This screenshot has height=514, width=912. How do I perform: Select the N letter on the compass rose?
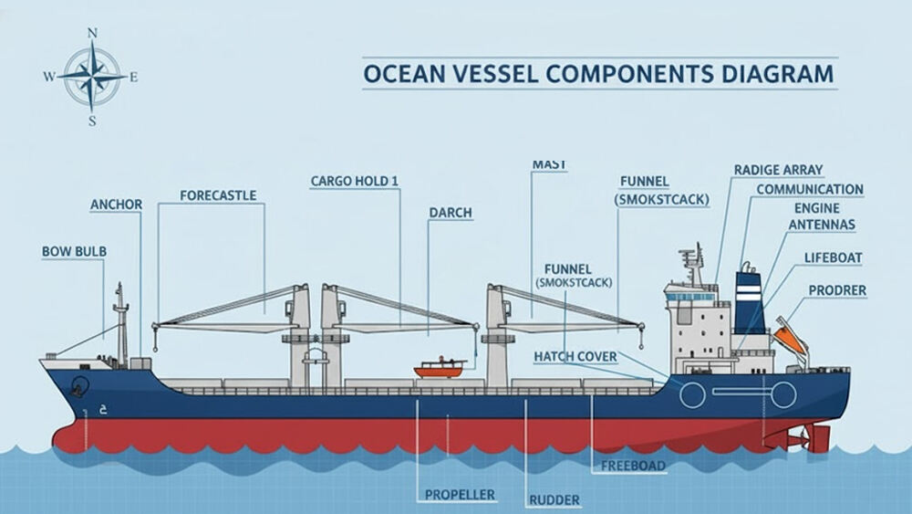coord(92,34)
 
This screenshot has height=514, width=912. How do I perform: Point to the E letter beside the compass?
coord(134,78)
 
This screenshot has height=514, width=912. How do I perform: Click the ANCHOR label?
coord(116,205)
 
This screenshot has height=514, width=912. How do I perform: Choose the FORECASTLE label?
coord(218,195)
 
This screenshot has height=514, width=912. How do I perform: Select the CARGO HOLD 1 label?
coord(355,182)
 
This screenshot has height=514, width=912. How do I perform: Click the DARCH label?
coord(451,213)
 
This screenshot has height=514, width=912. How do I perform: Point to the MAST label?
coord(548,164)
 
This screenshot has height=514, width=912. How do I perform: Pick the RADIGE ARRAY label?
coord(778,170)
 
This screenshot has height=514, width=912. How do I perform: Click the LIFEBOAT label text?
coord(833,258)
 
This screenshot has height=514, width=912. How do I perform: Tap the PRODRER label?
coord(837,291)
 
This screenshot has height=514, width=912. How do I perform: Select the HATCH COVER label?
coord(575,355)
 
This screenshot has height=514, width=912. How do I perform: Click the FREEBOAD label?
coord(633,466)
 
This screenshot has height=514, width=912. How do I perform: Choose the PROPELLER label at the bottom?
coord(460,495)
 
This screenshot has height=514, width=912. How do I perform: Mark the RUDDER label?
coord(555,499)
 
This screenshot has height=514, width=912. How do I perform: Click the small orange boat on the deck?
coord(440,368)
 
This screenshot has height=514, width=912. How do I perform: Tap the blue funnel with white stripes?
coord(750,301)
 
